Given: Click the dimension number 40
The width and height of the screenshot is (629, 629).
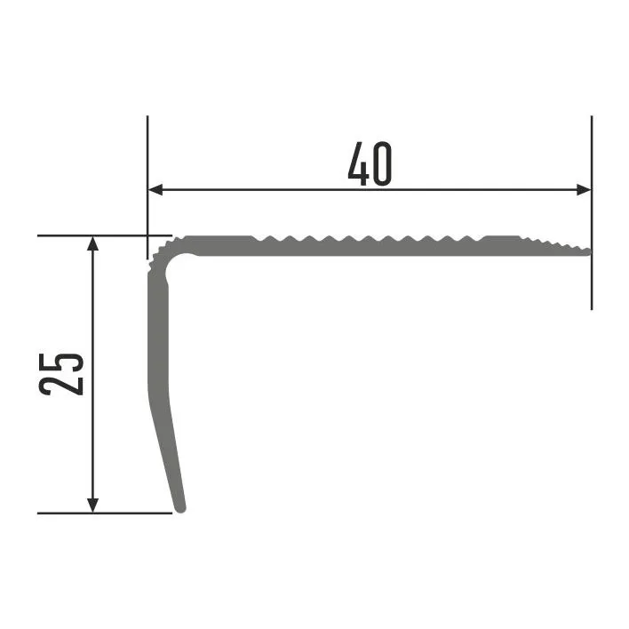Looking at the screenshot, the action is pyautogui.click(x=370, y=163).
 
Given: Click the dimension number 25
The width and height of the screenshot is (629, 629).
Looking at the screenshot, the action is pyautogui.click(x=61, y=374).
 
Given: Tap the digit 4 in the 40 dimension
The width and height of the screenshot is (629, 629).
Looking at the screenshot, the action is pyautogui.click(x=358, y=163).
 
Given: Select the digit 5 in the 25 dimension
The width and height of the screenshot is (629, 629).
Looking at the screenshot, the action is pyautogui.click(x=61, y=363).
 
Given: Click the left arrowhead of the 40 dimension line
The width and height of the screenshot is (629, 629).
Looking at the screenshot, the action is pyautogui.click(x=155, y=189).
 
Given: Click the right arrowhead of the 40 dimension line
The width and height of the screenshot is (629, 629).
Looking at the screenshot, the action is pyautogui.click(x=584, y=189).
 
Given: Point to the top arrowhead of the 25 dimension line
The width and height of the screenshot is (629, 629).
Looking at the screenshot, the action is pyautogui.click(x=92, y=243).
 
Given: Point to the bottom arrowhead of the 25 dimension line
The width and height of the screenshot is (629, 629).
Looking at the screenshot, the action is pyautogui.click(x=92, y=506).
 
